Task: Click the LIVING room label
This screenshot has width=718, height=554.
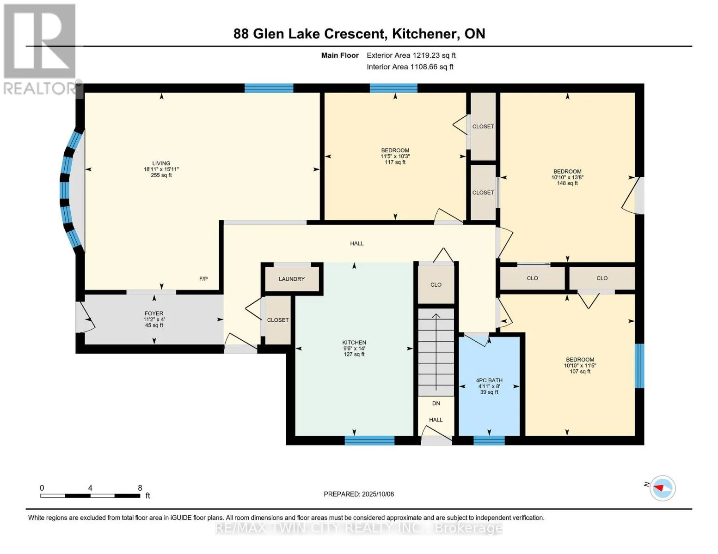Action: [161, 163]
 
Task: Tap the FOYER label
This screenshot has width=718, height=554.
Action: [154, 313]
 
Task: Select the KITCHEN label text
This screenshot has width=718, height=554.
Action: [354, 343]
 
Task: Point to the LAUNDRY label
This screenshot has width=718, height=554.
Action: [292, 279]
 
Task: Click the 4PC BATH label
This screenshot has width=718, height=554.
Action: [489, 380]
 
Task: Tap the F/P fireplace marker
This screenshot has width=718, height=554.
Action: [203, 279]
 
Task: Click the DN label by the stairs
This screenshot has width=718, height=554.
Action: [436, 403]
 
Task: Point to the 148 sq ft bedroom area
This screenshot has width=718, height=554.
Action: [567, 183]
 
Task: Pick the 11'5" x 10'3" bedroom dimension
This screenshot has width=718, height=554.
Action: [395, 156]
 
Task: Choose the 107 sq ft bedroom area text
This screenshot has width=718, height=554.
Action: [580, 371]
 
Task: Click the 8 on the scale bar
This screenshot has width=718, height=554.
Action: [140, 488]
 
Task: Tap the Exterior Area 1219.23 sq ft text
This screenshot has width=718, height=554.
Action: [411, 55]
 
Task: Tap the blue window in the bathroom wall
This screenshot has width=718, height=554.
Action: [489, 440]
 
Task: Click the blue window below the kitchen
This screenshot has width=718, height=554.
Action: [369, 440]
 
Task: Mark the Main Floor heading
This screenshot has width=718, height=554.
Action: [340, 55]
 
